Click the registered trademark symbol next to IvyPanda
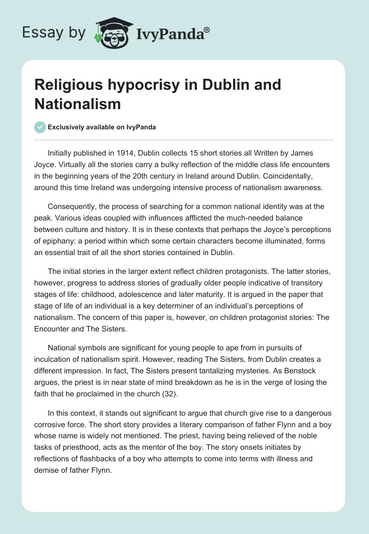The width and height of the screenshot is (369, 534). point(207,29)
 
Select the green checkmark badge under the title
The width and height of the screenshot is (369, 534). point(40,128)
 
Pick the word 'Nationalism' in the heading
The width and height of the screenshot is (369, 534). point(77,104)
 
